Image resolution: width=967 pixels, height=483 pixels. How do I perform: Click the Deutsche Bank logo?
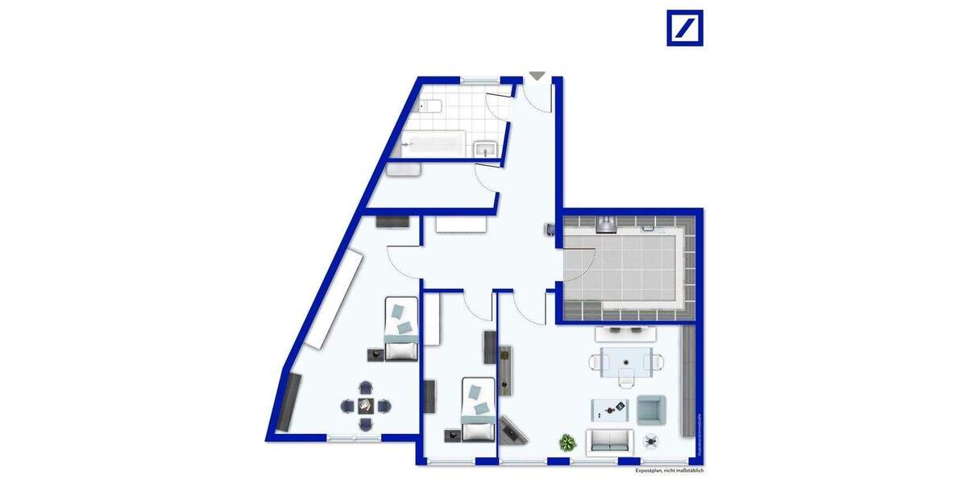684,27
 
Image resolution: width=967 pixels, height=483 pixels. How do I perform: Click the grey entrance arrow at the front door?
537,76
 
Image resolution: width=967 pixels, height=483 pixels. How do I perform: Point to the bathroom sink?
485,147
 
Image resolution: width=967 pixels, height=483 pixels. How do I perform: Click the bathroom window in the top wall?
480,80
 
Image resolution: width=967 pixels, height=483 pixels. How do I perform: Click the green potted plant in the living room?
568,442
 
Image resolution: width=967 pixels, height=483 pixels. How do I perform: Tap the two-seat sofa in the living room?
610,441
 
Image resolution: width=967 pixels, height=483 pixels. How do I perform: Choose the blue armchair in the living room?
650,410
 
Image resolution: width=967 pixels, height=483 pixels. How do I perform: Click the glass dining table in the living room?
624,362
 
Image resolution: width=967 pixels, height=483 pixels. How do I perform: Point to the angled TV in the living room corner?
513,430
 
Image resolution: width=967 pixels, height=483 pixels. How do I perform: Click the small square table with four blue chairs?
365,405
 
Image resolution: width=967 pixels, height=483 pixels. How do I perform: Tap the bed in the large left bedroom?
400,329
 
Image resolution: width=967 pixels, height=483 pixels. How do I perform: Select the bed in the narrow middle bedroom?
478,410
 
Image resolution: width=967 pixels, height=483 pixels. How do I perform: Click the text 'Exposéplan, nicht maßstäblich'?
669,470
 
